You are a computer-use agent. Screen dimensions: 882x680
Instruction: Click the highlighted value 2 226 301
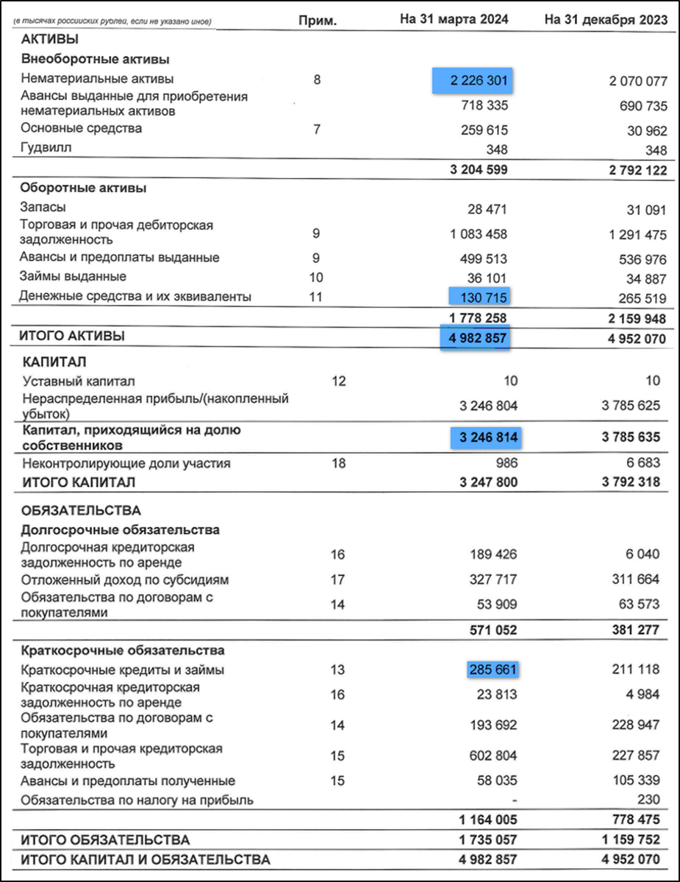pos(473,79)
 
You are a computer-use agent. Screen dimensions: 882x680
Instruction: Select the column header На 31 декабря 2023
pos(606,20)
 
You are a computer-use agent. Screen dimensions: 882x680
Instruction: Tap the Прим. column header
pos(318,21)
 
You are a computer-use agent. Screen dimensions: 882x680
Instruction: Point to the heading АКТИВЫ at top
pos(49,40)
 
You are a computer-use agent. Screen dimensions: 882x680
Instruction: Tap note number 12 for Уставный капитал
pos(338,381)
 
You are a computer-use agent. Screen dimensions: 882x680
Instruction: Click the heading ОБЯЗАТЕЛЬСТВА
pos(81,510)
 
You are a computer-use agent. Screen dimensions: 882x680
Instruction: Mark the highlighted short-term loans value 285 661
pos(492,670)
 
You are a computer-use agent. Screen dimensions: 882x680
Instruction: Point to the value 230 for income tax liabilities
pos(648,800)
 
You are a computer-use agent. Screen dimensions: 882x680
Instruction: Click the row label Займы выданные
pos(74,276)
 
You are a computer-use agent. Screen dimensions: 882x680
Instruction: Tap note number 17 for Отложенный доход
pos(337,579)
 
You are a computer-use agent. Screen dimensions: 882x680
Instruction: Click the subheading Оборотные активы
pos(83,187)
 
